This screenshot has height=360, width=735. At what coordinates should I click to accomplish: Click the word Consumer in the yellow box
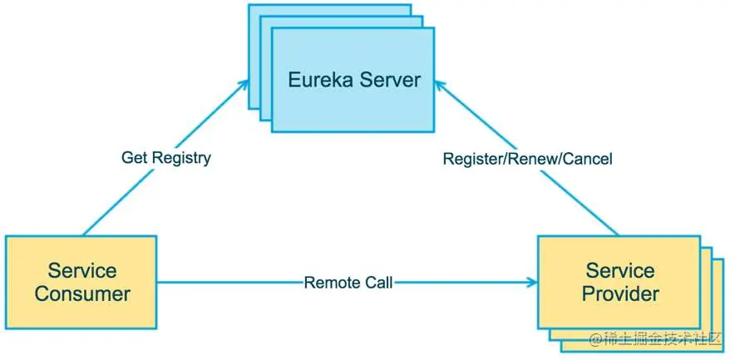pos(82,293)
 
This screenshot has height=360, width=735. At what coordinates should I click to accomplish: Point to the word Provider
pos(620,293)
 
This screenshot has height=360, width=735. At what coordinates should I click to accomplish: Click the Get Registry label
pos(165,157)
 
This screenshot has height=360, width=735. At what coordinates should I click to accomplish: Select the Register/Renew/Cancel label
pos(527,158)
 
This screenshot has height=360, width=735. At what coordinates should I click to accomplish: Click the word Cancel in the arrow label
pos(587,158)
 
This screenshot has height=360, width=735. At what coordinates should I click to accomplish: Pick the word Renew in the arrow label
pos(533,158)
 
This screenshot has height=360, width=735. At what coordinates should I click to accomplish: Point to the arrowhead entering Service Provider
pos(531,283)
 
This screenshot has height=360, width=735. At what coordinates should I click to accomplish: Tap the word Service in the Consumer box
pos(82,270)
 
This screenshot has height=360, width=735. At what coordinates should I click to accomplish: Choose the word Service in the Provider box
pos(620,270)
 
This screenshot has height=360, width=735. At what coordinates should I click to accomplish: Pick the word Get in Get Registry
pos(134,157)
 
